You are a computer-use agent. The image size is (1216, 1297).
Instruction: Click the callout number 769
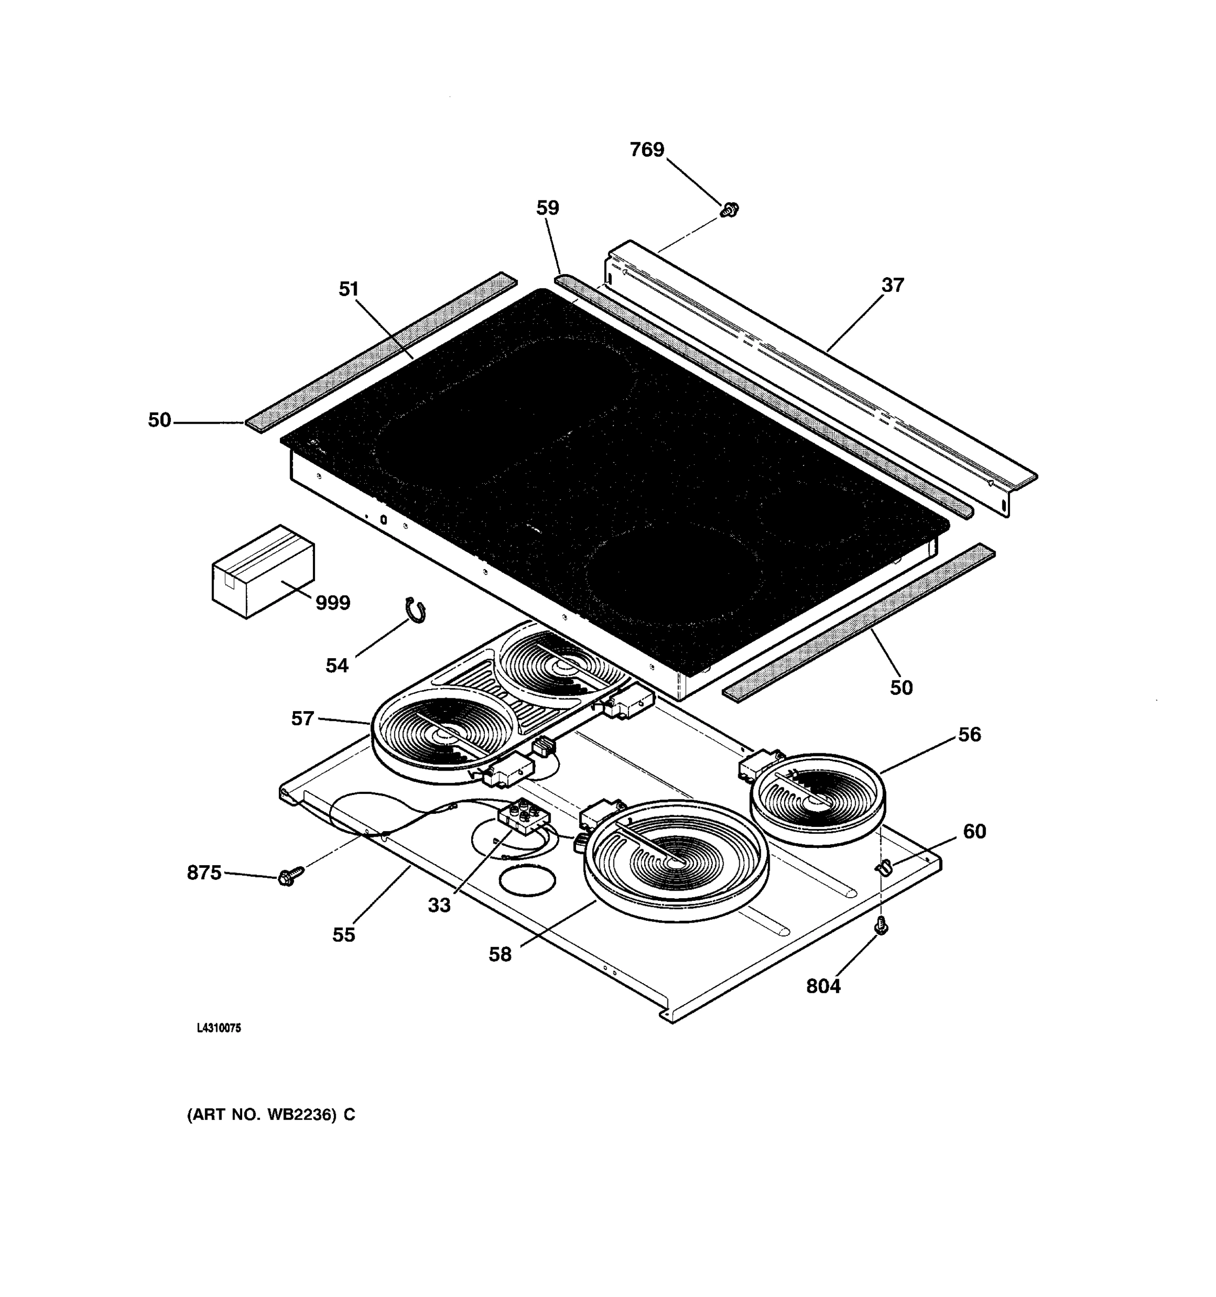(x=646, y=150)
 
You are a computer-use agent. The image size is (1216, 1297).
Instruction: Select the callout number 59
(x=547, y=208)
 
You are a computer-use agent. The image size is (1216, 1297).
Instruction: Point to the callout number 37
(x=892, y=285)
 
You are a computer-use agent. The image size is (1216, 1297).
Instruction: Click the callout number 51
(x=349, y=289)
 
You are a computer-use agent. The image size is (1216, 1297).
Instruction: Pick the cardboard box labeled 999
(x=263, y=572)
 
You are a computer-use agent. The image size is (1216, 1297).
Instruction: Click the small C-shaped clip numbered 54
(x=416, y=610)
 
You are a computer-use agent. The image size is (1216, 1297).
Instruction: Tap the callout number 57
(x=302, y=719)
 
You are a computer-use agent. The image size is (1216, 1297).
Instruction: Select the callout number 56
(x=969, y=734)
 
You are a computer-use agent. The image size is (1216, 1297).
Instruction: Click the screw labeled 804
(x=881, y=925)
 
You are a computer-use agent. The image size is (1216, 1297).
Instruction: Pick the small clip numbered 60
(x=884, y=867)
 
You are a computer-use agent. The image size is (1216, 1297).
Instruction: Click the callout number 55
(x=343, y=935)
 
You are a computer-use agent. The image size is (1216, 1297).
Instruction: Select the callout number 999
(x=333, y=603)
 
